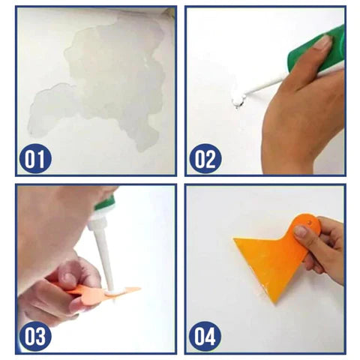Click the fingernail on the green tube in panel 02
322,42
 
